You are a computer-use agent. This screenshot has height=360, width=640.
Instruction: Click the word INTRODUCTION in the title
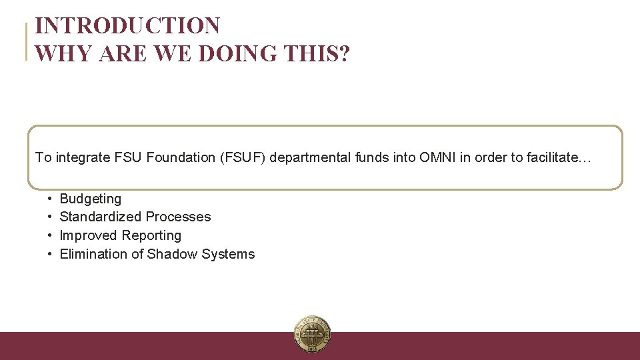pyautogui.click(x=127, y=26)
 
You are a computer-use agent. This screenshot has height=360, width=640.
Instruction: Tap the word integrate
pyautogui.click(x=83, y=157)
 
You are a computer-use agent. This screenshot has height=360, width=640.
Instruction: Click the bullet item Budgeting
pyautogui.click(x=91, y=199)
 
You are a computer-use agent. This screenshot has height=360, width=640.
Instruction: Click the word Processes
pyautogui.click(x=178, y=217)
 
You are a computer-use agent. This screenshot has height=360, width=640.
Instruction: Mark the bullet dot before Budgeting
pyautogui.click(x=50, y=199)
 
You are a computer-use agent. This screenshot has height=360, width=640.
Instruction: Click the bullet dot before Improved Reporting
pyautogui.click(x=50, y=235)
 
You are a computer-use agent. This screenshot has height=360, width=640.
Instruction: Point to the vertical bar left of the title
pyautogui.click(x=27, y=41)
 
